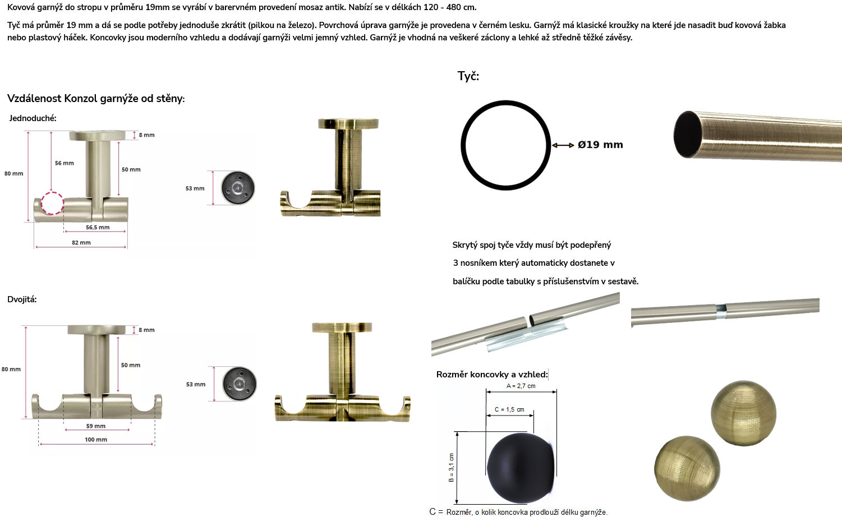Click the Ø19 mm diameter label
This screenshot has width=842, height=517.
600,145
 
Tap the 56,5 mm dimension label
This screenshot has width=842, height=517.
98,227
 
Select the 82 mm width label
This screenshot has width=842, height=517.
81,243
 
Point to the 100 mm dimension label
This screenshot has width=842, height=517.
96,440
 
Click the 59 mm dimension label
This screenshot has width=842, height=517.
96,426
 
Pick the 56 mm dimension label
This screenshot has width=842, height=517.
65,163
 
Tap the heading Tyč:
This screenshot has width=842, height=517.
468,76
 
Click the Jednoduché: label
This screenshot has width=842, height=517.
33,118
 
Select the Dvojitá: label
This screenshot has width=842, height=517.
22,299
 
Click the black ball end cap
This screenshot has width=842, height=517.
521,468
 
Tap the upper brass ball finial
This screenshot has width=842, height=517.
743,413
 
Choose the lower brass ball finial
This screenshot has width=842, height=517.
687,469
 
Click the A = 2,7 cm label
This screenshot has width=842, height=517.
521,386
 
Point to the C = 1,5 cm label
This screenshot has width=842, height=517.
509,409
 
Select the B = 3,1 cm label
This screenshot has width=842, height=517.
452,468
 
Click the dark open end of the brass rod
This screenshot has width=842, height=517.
688,134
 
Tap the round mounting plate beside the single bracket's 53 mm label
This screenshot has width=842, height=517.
237,188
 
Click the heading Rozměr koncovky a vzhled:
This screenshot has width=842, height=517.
492,375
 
